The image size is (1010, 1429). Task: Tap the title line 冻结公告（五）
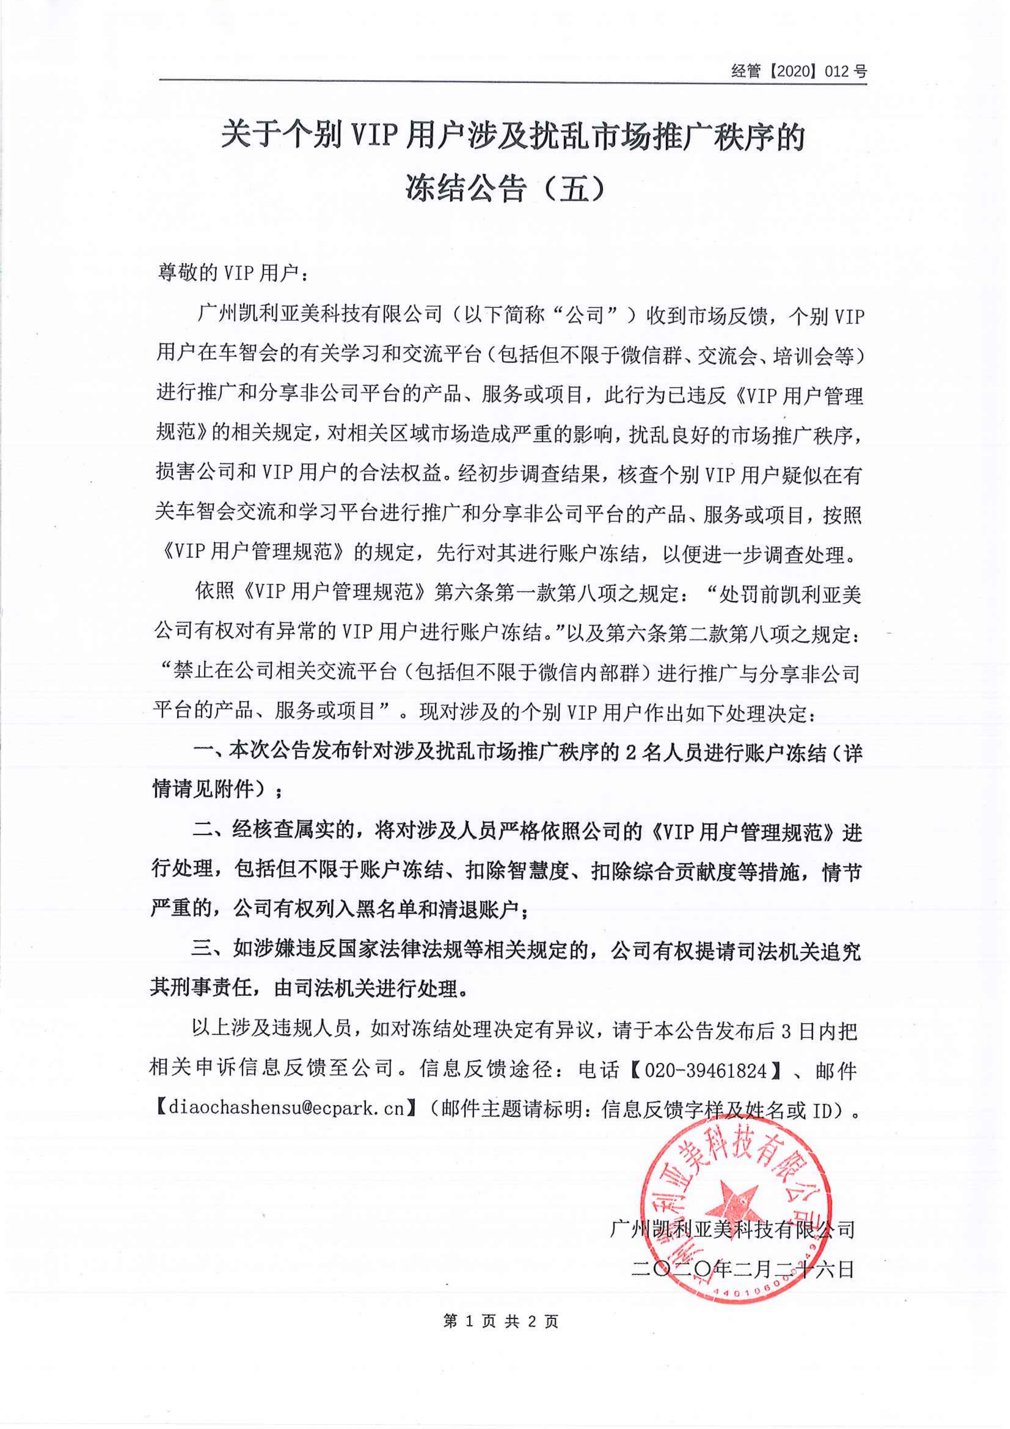pyautogui.click(x=505, y=188)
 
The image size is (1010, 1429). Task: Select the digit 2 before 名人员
pyautogui.click(x=630, y=754)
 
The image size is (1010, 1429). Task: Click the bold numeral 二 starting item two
pyautogui.click(x=203, y=832)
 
